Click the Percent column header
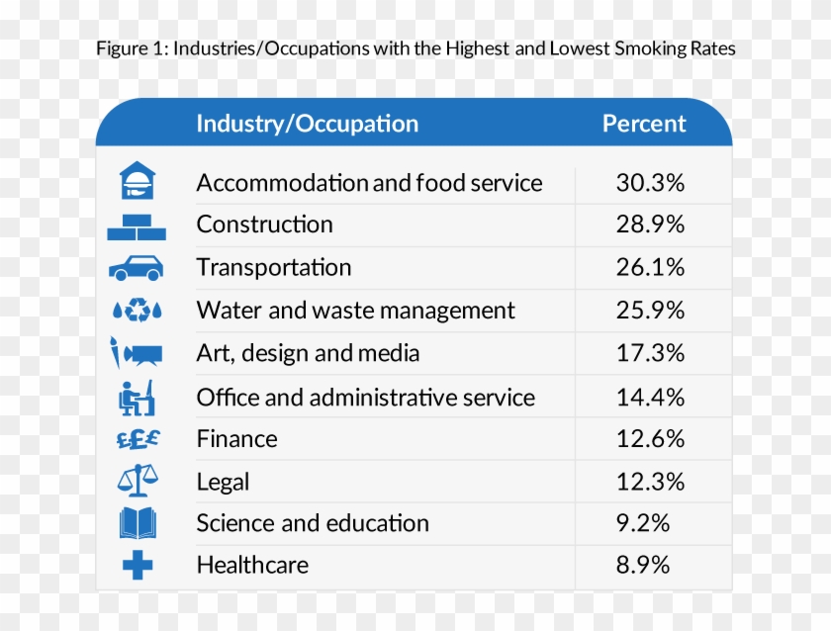click(x=644, y=124)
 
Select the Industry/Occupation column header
click(x=307, y=124)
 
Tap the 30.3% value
click(x=650, y=183)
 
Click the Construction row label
click(x=264, y=225)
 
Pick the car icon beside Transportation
click(x=137, y=267)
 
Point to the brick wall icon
click(x=137, y=226)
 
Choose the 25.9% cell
click(x=650, y=311)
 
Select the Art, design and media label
click(x=308, y=353)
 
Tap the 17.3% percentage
click(x=650, y=353)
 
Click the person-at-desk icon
click(x=137, y=397)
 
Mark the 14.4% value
click(x=650, y=398)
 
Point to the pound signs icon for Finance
click(x=138, y=439)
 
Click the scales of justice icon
click(x=138, y=481)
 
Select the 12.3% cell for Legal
click(x=650, y=482)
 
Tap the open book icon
click(x=138, y=523)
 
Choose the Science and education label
click(x=313, y=523)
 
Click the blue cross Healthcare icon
click(x=138, y=566)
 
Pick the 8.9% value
click(x=643, y=565)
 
